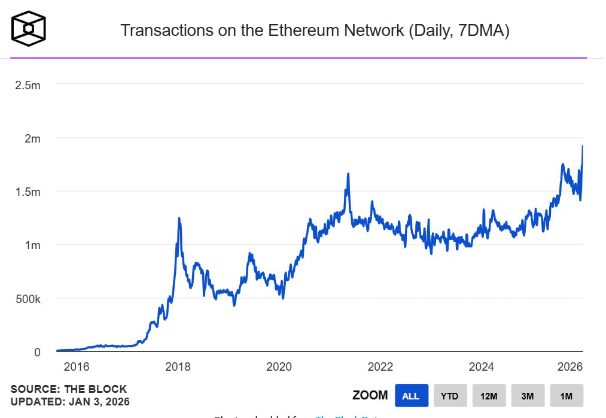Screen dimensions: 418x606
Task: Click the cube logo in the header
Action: pos(29,28)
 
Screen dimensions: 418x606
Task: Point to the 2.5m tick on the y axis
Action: pos(28,85)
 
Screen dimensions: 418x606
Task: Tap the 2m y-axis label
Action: pos(32,138)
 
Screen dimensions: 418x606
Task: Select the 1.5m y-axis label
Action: pos(28,192)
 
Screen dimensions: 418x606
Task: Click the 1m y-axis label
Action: pos(32,245)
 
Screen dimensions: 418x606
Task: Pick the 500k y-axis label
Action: pos(28,299)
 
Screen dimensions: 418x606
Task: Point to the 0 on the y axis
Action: pos(37,352)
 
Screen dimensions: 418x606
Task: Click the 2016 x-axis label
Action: pos(76,366)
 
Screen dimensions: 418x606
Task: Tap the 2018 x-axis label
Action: pos(178,366)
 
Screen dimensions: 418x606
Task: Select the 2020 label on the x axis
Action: pos(279,366)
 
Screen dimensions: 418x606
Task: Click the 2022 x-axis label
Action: pos(380,366)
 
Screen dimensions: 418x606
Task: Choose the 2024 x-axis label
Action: pos(482,366)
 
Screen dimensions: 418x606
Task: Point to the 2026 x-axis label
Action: pos(570,366)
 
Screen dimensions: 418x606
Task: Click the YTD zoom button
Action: pos(450,396)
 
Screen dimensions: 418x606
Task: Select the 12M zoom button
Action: pos(489,396)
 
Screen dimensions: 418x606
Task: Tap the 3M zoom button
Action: pos(528,396)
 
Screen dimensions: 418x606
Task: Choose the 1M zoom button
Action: pos(567,396)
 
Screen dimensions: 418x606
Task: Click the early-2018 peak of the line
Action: pos(179,219)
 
